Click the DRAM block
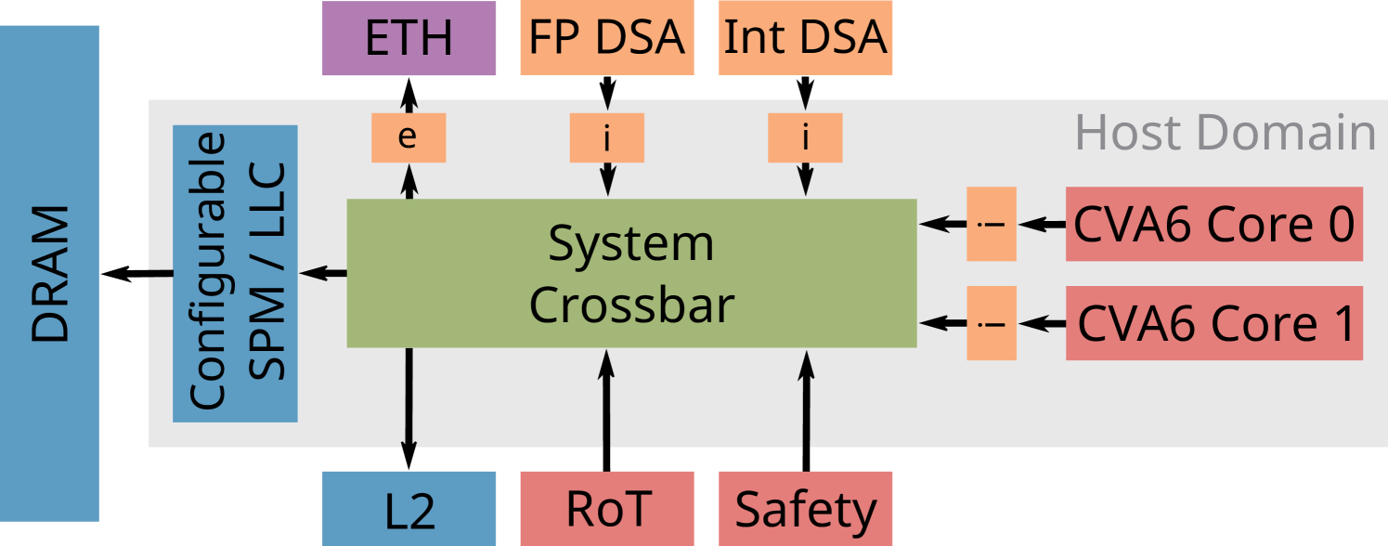tap(50, 273)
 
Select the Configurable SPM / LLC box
tap(235, 273)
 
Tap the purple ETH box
tap(409, 38)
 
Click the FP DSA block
tap(607, 38)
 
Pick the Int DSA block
tap(806, 38)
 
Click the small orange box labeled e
tap(409, 137)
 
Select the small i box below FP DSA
tap(607, 137)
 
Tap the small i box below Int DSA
tap(806, 137)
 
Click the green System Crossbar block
tap(631, 273)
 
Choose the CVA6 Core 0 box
tap(1214, 224)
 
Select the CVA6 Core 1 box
tap(1214, 323)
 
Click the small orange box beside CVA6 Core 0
tap(992, 224)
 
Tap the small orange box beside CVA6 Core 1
tap(992, 323)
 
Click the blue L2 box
tap(409, 509)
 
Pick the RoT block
tap(607, 509)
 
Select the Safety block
tap(806, 509)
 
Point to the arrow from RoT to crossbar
tap(607, 409)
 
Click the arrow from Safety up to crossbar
tap(806, 409)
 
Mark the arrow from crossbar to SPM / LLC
tap(323, 273)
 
